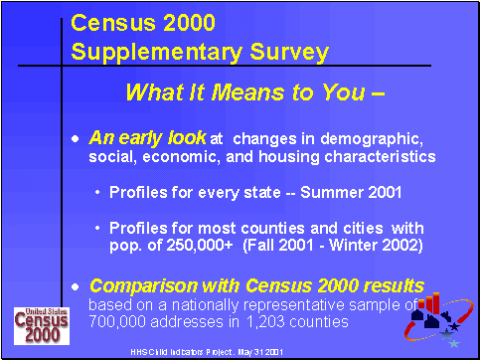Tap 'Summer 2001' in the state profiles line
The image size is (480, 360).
click(324, 190)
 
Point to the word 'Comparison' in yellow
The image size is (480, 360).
click(144, 285)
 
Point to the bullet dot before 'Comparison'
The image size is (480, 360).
click(77, 286)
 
